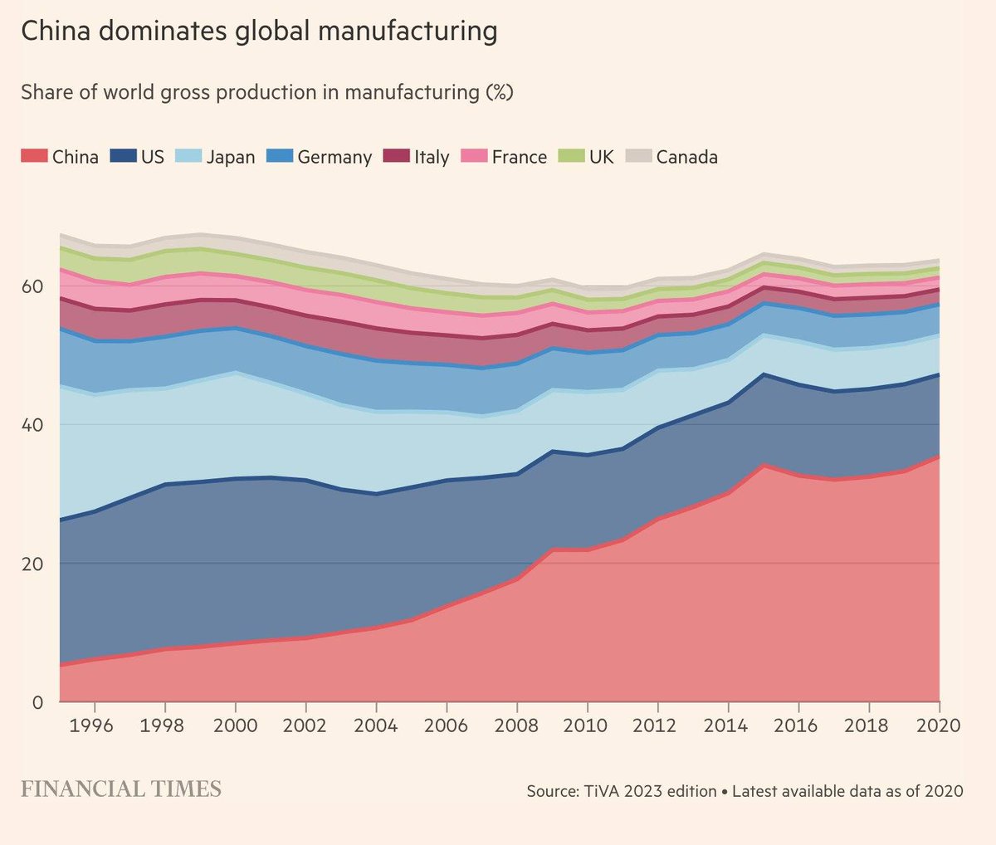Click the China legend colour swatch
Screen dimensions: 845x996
coord(33,156)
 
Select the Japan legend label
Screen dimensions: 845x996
coord(230,157)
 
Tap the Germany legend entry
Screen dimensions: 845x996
coord(320,157)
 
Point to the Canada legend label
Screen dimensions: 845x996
coord(686,157)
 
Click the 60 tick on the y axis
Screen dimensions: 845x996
coord(32,286)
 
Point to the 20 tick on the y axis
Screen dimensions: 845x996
coord(32,564)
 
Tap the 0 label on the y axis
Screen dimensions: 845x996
coord(37,702)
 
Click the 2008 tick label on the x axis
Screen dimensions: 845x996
coord(517,725)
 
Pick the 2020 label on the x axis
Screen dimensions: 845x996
coord(939,725)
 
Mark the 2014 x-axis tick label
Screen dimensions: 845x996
coord(728,725)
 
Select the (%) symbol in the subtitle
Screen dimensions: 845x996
coord(499,92)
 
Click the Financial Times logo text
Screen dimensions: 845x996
coord(121,789)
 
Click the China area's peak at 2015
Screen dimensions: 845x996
coord(764,466)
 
